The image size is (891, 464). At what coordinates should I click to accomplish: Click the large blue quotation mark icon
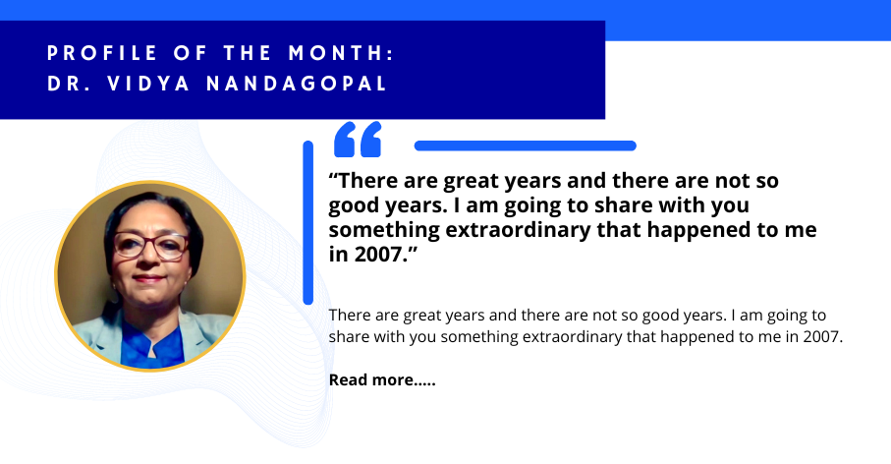357,141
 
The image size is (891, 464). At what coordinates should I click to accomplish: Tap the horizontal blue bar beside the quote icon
526,145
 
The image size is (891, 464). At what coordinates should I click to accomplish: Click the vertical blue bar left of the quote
307,222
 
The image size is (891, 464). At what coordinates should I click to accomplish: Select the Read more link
382,379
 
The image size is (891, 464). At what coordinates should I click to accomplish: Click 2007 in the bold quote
378,255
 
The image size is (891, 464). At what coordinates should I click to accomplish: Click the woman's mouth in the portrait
149,280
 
